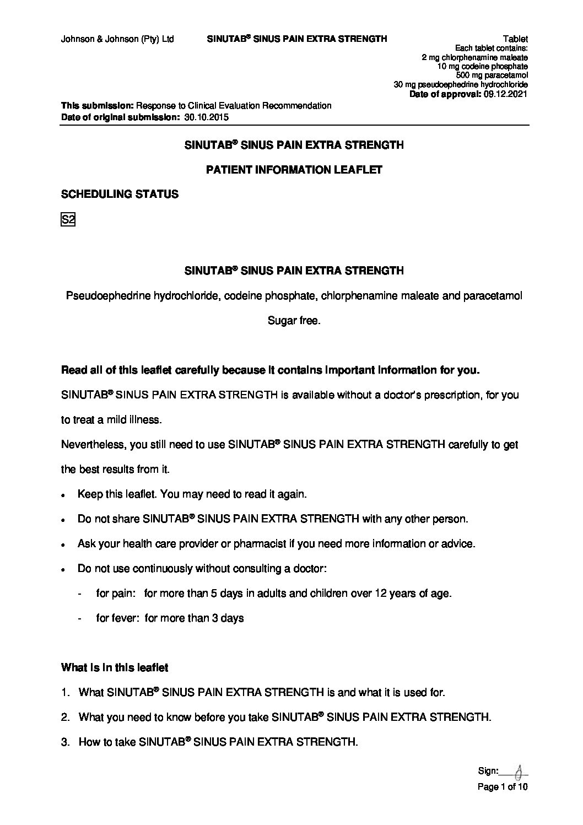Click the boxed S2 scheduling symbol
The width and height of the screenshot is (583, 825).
pos(67,220)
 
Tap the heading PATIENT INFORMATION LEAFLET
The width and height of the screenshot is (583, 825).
pos(293,170)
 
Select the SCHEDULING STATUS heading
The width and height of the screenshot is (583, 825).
pos(120,194)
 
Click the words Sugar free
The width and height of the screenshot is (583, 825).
pos(293,321)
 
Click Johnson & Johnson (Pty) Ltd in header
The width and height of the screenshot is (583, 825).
pos(117,39)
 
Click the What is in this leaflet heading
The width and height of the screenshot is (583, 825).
pos(115,667)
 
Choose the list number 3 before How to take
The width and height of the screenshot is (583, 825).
pos(65,742)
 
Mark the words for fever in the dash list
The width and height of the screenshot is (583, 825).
pos(118,618)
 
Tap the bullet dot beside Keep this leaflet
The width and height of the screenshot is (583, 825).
pos(64,495)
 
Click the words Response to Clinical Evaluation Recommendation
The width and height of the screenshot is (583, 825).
pos(234,105)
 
